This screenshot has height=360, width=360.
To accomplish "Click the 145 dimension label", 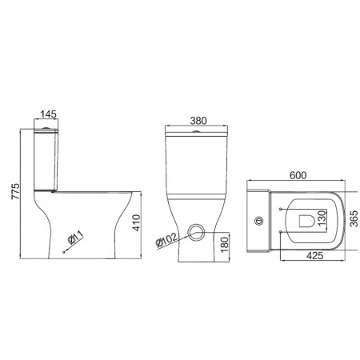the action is pyautogui.click(x=48, y=114).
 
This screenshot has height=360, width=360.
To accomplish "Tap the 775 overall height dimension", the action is pyautogui.click(x=15, y=191).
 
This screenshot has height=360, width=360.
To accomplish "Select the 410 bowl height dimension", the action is pyautogui.click(x=136, y=222).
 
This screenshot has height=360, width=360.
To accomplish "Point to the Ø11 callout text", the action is pyautogui.click(x=75, y=237).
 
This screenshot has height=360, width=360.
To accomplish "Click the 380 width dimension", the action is pyautogui.click(x=198, y=121).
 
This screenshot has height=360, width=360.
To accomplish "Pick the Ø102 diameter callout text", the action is pyautogui.click(x=166, y=240).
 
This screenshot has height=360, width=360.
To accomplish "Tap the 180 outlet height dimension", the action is pyautogui.click(x=225, y=245).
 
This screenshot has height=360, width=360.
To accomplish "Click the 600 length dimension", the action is pyautogui.click(x=298, y=175).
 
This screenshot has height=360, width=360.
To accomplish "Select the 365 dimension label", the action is pyautogui.click(x=354, y=218).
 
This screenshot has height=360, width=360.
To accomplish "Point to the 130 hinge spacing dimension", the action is pyautogui.click(x=322, y=218).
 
